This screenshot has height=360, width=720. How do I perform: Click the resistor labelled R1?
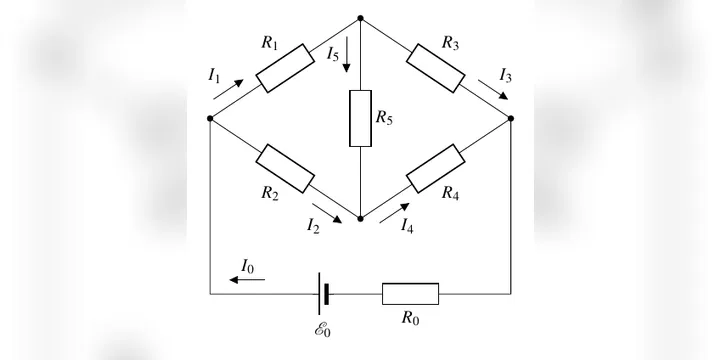[x=285, y=68]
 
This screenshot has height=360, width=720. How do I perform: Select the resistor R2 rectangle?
[x=285, y=169]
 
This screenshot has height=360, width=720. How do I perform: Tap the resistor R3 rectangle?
[x=435, y=68]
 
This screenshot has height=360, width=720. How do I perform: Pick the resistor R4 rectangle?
[x=435, y=169]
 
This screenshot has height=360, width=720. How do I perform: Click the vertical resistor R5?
[x=360, y=118]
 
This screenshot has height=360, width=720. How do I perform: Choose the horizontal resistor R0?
[x=411, y=294]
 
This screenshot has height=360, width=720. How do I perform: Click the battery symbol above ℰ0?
[x=323, y=294]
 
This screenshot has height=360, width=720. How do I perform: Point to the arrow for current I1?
[x=228, y=89]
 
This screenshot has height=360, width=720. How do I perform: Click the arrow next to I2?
[x=327, y=213]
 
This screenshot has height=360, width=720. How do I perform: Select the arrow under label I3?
[x=493, y=90]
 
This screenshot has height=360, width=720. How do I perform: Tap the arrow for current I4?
[x=394, y=213]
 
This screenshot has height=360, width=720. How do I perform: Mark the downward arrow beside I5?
[x=347, y=54]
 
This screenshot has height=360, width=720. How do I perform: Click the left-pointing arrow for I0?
[x=247, y=280]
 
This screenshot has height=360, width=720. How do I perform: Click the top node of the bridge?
[x=360, y=18]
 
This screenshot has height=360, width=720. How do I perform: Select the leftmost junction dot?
[x=210, y=118]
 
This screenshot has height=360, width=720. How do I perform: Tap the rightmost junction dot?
[x=511, y=118]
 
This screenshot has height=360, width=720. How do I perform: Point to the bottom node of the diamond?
[x=360, y=219]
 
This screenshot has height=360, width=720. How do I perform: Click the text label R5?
[x=384, y=118]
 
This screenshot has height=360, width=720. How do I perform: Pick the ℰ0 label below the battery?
[x=322, y=330]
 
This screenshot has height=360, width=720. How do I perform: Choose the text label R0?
[x=411, y=318]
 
